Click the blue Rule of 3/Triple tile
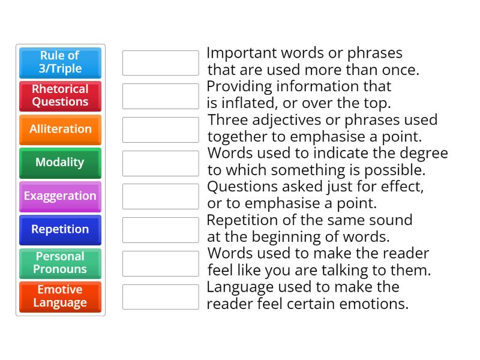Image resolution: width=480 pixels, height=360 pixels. pyautogui.click(x=60, y=62)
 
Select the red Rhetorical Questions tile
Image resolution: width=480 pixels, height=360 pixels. pyautogui.click(x=60, y=95)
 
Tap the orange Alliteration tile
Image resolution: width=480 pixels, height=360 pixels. pyautogui.click(x=60, y=129)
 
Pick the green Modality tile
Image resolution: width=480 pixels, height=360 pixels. pyautogui.click(x=60, y=163)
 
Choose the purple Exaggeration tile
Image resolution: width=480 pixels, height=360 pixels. pyautogui.click(x=60, y=196)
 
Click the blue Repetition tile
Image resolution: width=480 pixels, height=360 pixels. pyautogui.click(x=60, y=230)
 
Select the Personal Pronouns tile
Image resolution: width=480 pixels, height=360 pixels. pyautogui.click(x=60, y=263)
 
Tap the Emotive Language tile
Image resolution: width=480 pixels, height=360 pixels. pyautogui.click(x=60, y=296)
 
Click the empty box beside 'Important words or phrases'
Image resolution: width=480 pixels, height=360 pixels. pyautogui.click(x=160, y=62)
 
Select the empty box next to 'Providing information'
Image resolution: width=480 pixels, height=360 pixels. pyautogui.click(x=160, y=96)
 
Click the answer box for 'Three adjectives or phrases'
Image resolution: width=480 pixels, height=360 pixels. pyautogui.click(x=160, y=130)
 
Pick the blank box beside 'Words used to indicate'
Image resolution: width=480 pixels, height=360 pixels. pyautogui.click(x=160, y=163)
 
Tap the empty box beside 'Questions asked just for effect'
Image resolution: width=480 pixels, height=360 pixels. pyautogui.click(x=160, y=196)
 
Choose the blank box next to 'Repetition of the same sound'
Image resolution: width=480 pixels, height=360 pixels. pyautogui.click(x=160, y=230)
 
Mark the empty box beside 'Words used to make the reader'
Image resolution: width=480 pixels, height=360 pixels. pyautogui.click(x=160, y=263)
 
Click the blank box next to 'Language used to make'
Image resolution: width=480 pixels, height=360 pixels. pyautogui.click(x=160, y=297)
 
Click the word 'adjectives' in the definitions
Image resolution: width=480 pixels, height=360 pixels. pyautogui.click(x=288, y=120)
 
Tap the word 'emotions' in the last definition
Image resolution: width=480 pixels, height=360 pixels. pyautogui.click(x=375, y=304)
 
